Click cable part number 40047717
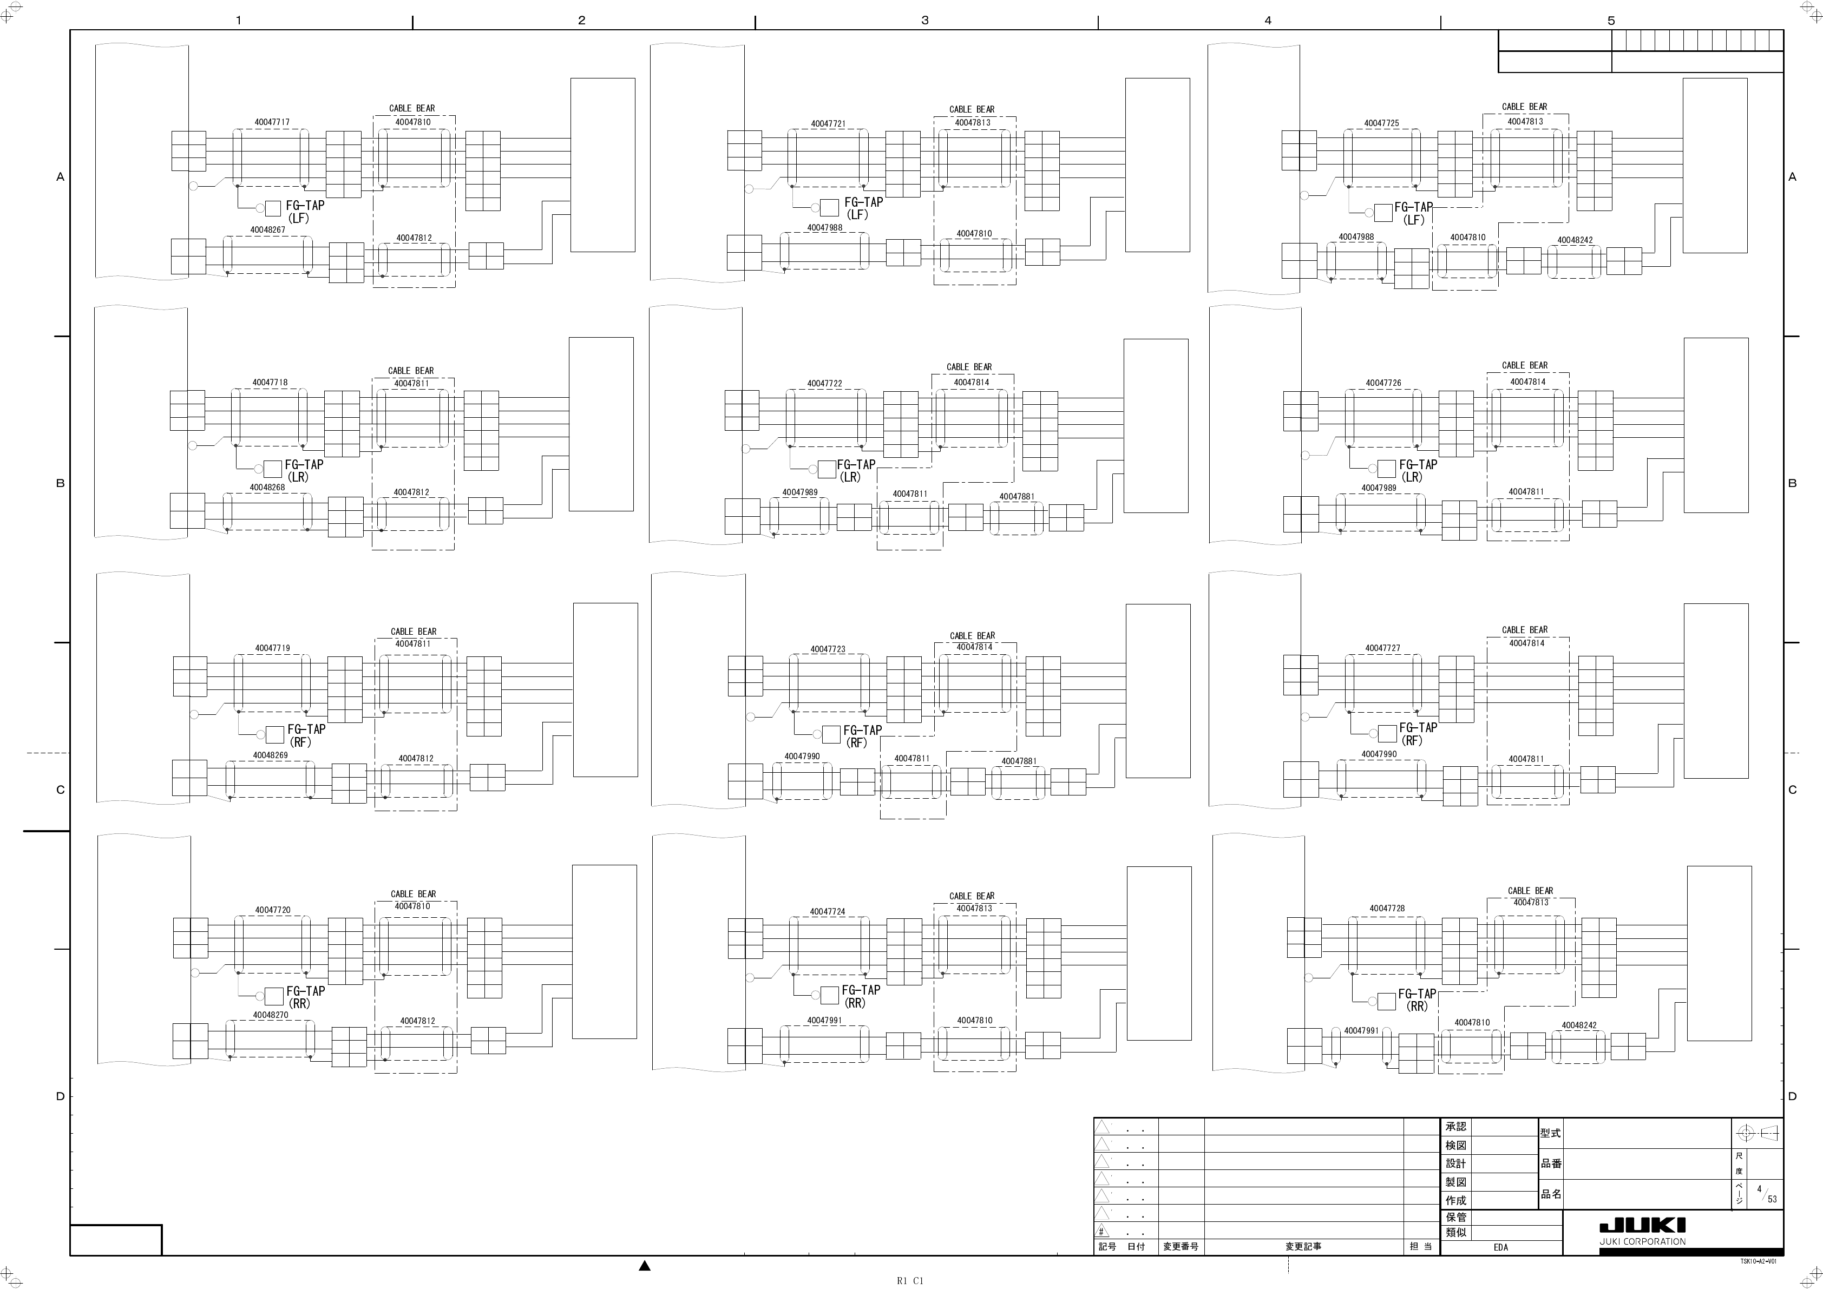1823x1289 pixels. (272, 122)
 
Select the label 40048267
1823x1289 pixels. (267, 230)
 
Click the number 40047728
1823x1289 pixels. (1387, 908)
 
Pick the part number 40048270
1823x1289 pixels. (270, 1015)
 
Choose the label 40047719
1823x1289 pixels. (272, 648)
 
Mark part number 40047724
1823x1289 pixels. (828, 912)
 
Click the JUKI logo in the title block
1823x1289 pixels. (1643, 1226)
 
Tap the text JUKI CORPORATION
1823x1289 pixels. (1643, 1241)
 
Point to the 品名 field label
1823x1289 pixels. (1551, 1194)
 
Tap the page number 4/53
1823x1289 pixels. (1767, 1194)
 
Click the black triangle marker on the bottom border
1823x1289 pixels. (645, 1266)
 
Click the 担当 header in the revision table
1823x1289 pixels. (1420, 1247)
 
